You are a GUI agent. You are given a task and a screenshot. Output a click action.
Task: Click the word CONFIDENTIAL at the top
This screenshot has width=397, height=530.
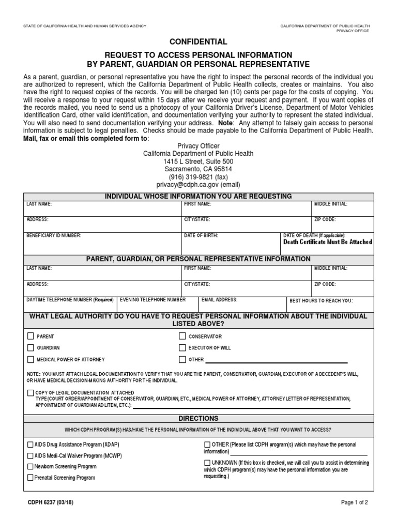pyautogui.click(x=198, y=41)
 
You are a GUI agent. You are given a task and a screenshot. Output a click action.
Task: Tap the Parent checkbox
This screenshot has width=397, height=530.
pyautogui.click(x=31, y=336)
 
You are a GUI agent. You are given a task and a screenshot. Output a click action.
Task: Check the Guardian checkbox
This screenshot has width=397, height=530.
pyautogui.click(x=31, y=347)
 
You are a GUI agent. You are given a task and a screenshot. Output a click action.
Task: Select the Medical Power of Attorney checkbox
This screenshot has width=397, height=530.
pyautogui.click(x=31, y=359)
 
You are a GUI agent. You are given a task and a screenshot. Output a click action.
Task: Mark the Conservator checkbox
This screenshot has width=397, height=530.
pyautogui.click(x=182, y=336)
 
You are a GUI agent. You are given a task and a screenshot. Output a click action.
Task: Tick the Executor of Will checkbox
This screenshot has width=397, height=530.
pyautogui.click(x=182, y=347)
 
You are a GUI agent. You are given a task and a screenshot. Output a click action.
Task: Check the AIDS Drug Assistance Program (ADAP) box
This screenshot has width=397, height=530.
pyautogui.click(x=30, y=445)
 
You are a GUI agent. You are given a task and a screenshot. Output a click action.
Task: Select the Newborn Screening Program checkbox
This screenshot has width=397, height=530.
pyautogui.click(x=30, y=466)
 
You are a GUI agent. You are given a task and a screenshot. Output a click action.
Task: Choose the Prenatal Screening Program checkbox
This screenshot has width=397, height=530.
pyautogui.click(x=30, y=478)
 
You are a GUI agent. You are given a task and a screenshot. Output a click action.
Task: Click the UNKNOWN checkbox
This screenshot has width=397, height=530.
pyautogui.click(x=207, y=462)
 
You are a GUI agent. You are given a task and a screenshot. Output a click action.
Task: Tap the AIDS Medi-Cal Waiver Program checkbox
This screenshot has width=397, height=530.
pyautogui.click(x=30, y=455)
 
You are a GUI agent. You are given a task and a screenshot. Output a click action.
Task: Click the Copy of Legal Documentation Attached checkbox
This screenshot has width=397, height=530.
pyautogui.click(x=31, y=393)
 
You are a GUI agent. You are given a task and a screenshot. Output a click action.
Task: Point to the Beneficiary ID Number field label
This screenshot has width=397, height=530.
pyautogui.click(x=54, y=235)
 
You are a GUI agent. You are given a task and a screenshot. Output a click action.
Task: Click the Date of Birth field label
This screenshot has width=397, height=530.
pyautogui.click(x=201, y=235)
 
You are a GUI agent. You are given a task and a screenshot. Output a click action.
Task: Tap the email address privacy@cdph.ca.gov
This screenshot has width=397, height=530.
pyautogui.click(x=198, y=184)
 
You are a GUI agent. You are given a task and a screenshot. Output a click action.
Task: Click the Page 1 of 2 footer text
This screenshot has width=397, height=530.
pyautogui.click(x=355, y=502)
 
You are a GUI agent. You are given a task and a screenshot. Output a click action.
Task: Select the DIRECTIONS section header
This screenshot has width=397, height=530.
pyautogui.click(x=198, y=418)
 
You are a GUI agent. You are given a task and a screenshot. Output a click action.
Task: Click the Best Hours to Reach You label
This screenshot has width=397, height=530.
pyautogui.click(x=320, y=300)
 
